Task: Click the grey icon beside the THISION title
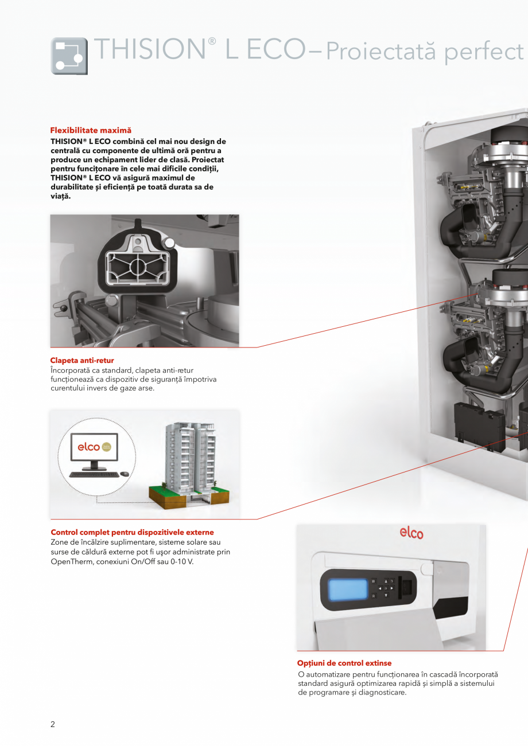click(69, 56)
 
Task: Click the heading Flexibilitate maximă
click(91, 131)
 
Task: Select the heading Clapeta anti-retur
click(82, 361)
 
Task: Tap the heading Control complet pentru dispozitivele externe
click(132, 533)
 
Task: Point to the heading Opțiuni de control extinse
click(344, 663)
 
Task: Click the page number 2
click(53, 724)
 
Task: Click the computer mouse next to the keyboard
click(125, 474)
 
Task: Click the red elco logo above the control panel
click(411, 533)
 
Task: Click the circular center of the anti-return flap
click(138, 266)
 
